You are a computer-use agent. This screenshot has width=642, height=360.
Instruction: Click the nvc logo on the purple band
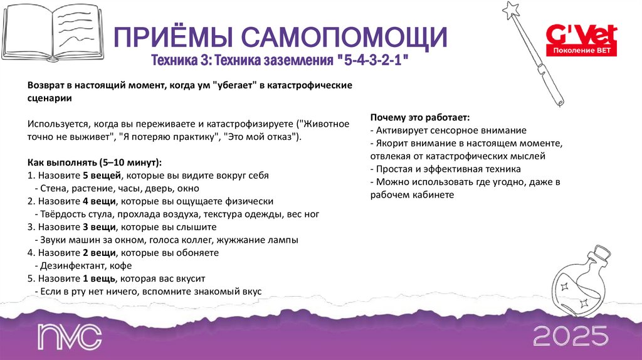pos(69,337)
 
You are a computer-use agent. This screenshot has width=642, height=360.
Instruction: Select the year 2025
pos(571,337)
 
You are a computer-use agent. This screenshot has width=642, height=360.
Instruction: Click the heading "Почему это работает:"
pos(420,118)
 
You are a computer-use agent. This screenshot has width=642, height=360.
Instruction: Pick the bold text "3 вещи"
pos(99,227)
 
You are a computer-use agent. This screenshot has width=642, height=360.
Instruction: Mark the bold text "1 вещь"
pos(99,278)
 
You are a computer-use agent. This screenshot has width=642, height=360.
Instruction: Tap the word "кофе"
pos(119,266)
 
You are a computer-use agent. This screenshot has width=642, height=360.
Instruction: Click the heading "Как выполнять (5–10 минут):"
pos(95,162)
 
